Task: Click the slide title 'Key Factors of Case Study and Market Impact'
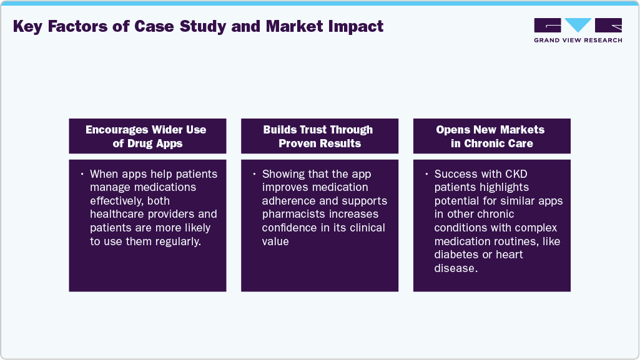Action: tap(198, 27)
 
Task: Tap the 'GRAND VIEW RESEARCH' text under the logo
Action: tap(578, 41)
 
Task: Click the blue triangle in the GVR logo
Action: tap(578, 25)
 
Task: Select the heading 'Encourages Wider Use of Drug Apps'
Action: tap(146, 136)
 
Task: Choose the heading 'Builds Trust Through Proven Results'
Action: tap(318, 136)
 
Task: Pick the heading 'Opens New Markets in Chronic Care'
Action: tap(491, 136)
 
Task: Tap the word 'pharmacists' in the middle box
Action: tap(292, 215)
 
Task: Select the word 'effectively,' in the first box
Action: tap(121, 201)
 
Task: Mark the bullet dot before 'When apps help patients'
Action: tap(82, 173)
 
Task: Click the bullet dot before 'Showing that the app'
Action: tap(255, 173)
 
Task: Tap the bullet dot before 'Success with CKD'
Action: tap(426, 173)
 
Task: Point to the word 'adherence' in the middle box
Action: tap(290, 201)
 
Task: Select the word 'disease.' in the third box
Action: tap(456, 268)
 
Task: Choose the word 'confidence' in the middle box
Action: tap(290, 228)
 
